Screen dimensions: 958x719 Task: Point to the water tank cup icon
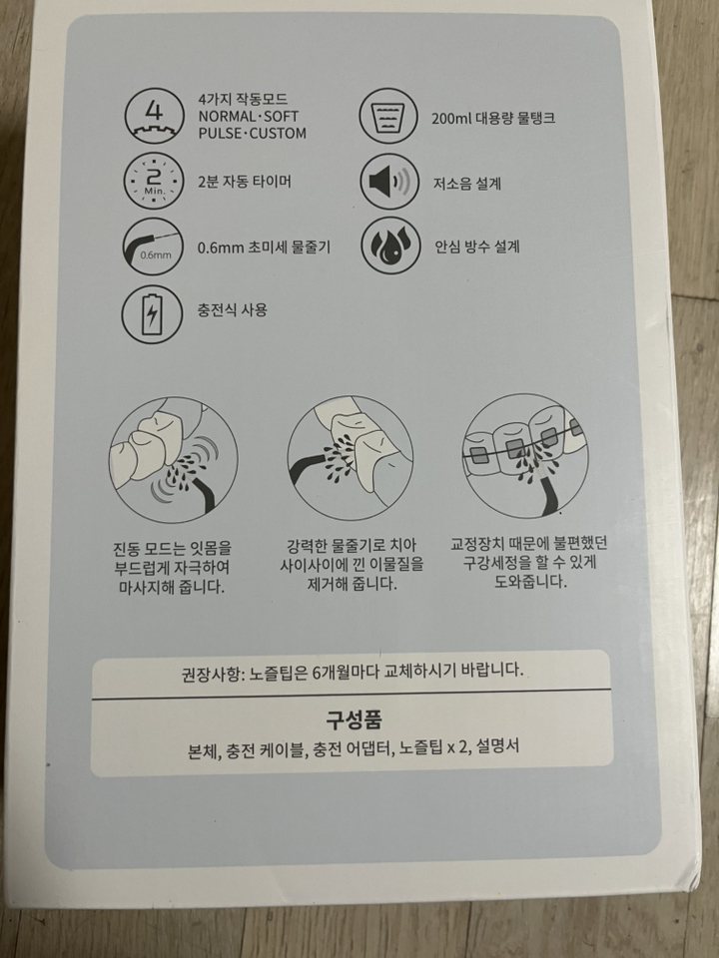coord(390,116)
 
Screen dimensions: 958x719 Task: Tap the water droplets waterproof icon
coord(390,245)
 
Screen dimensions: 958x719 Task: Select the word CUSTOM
coord(276,133)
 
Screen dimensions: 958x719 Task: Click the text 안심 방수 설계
coord(476,245)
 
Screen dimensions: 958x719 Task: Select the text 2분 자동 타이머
coord(245,182)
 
